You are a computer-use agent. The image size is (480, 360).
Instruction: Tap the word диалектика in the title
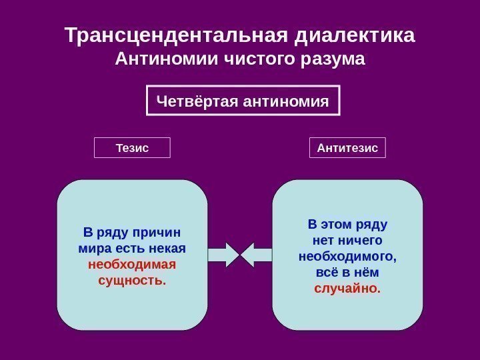click(x=353, y=34)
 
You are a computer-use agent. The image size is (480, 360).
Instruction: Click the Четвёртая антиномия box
click(x=243, y=101)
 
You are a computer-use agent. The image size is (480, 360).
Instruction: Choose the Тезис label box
click(x=132, y=147)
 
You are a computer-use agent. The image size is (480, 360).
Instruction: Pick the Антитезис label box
click(x=347, y=147)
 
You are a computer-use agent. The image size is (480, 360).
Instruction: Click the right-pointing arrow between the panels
click(x=224, y=255)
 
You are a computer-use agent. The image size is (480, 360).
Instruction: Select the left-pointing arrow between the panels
click(x=256, y=255)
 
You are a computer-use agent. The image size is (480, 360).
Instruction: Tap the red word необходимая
click(x=132, y=264)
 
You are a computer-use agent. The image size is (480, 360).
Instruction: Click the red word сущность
click(x=132, y=280)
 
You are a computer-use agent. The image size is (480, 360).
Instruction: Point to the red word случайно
click(x=347, y=289)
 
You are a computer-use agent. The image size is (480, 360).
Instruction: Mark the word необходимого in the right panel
click(x=347, y=255)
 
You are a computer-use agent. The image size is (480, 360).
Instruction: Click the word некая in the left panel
click(x=168, y=248)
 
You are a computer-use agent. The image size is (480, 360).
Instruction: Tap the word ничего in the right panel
click(x=359, y=239)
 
